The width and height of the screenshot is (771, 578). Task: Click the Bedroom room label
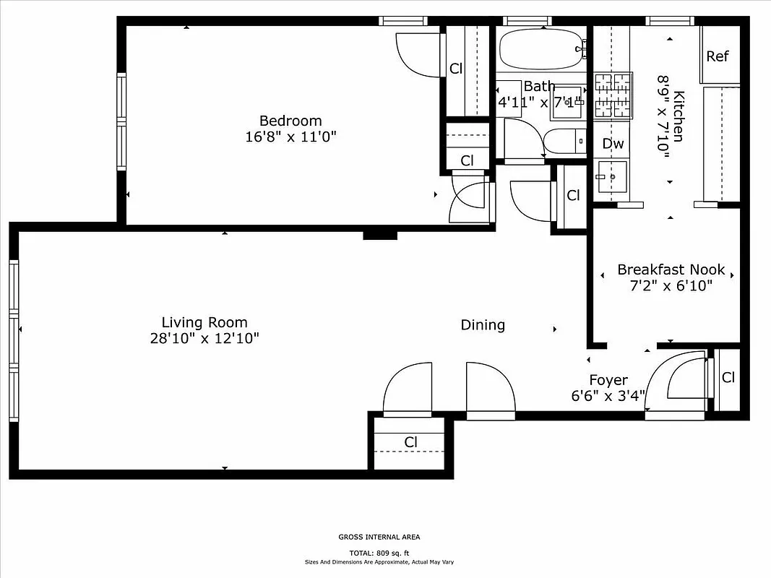click(x=290, y=121)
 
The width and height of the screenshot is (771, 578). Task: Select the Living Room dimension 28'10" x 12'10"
click(x=204, y=338)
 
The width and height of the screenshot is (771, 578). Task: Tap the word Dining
click(x=483, y=325)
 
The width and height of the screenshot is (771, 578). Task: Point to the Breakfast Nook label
click(x=671, y=269)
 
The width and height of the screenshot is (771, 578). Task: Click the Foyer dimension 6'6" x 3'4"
click(x=608, y=395)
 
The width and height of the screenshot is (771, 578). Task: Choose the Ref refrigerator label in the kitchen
click(x=718, y=56)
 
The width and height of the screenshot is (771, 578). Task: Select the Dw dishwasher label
click(x=613, y=144)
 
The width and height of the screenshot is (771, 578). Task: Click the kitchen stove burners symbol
click(x=613, y=95)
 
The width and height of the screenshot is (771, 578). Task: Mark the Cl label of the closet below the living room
click(x=410, y=441)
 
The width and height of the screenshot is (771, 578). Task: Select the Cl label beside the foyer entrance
click(x=728, y=377)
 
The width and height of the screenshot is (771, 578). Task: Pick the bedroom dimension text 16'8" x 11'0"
click(x=290, y=137)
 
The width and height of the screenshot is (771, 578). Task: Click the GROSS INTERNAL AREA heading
click(x=379, y=537)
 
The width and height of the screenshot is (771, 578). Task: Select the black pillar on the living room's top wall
click(x=380, y=235)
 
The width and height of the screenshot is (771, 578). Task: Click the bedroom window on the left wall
click(x=121, y=123)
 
